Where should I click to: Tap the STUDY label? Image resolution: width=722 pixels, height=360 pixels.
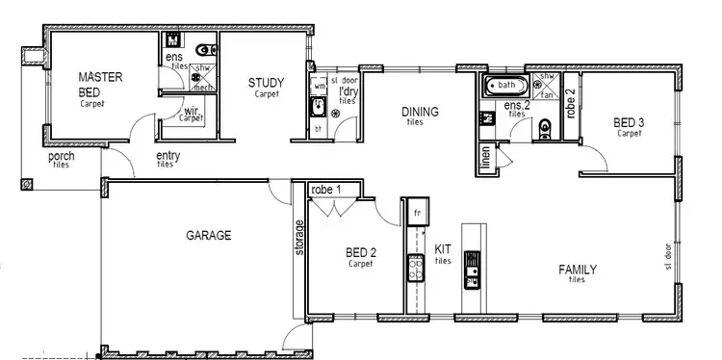tap(265, 83)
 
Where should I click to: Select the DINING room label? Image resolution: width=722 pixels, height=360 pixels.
tap(421, 112)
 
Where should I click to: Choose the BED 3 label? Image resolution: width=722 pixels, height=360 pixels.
tap(629, 122)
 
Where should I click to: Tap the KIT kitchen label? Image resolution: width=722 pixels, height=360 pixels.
tap(443, 249)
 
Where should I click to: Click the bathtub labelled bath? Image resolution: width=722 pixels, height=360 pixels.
tap(503, 86)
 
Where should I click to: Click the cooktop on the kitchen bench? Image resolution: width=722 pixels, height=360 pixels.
tap(417, 267)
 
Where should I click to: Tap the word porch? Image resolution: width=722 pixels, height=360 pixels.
tap(61, 156)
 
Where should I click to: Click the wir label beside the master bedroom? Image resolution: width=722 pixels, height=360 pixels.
tap(192, 111)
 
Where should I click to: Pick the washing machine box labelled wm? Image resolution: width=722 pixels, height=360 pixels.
tap(320, 86)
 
